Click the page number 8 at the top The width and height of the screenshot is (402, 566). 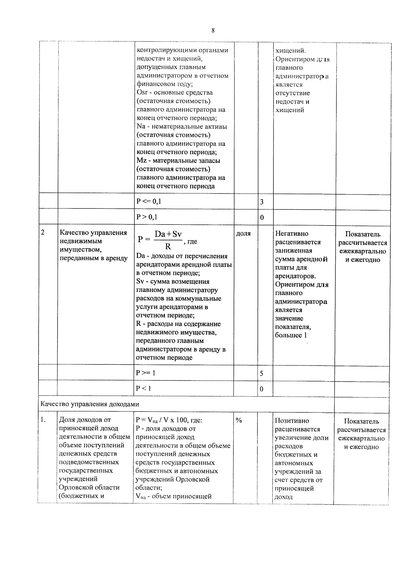[213, 31]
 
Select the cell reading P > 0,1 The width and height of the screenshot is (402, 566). [147, 217]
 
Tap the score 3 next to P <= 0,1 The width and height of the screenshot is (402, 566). [262, 202]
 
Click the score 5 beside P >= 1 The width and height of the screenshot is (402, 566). [262, 373]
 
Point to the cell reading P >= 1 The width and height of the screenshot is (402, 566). [146, 373]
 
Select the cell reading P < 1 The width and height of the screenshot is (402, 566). [143, 388]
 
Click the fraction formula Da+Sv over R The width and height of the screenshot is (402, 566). [167, 240]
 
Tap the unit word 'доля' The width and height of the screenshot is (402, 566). [243, 233]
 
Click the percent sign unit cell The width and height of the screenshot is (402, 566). [239, 420]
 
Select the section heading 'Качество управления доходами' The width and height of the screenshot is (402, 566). [89, 404]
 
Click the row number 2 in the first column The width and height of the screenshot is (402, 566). [43, 232]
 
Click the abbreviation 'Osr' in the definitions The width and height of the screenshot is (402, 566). [142, 92]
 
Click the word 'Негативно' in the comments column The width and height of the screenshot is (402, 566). [291, 233]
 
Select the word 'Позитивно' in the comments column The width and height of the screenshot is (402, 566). [292, 420]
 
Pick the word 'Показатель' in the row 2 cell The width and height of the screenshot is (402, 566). [362, 234]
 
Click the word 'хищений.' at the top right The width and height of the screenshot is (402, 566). [290, 51]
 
